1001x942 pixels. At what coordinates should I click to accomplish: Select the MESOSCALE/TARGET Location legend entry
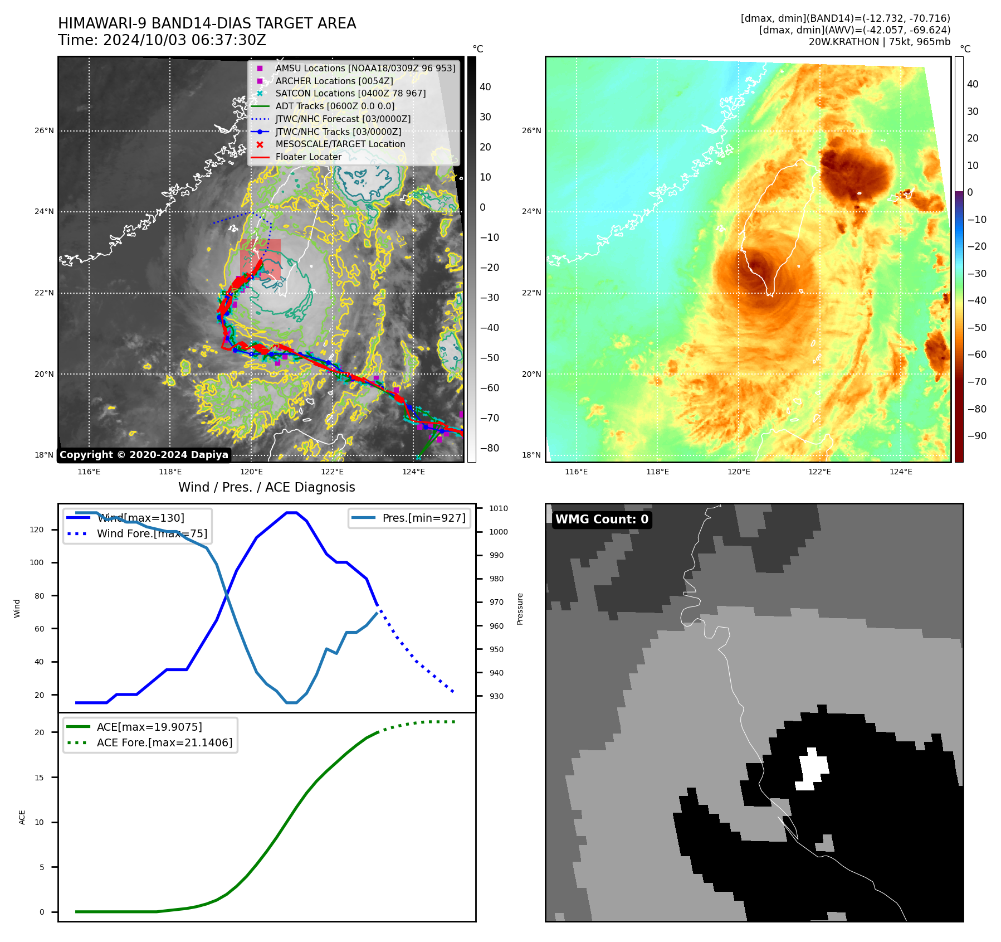[x=340, y=144]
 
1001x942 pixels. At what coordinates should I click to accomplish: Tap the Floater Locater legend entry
[x=308, y=157]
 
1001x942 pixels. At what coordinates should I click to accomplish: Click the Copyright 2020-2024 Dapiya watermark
[x=144, y=455]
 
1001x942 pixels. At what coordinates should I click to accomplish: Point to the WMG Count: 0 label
[x=602, y=519]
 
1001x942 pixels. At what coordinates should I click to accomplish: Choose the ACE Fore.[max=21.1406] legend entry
[x=164, y=742]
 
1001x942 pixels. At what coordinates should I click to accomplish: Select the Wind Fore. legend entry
[x=152, y=533]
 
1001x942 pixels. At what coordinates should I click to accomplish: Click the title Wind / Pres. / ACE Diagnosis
[x=266, y=487]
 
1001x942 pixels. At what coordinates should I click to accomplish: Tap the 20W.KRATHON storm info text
[x=879, y=42]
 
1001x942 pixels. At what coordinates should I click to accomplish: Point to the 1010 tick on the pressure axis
[x=499, y=508]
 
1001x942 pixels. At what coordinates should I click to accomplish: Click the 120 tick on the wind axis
[x=37, y=530]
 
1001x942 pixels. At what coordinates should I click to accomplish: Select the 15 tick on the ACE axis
[x=39, y=778]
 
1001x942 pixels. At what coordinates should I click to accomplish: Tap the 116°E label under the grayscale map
[x=89, y=472]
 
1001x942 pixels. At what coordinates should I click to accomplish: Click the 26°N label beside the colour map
[x=531, y=131]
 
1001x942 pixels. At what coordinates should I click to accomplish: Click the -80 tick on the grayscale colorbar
[x=490, y=448]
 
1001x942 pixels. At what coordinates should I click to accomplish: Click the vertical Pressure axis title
[x=520, y=609]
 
